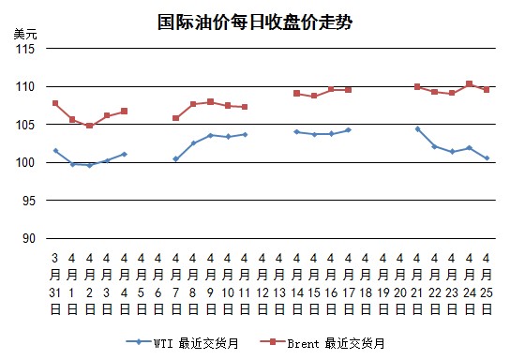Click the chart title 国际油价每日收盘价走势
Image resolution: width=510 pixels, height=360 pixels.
255,22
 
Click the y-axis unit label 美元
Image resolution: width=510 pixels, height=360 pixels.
25,34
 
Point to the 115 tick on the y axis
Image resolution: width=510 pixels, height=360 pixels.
25,49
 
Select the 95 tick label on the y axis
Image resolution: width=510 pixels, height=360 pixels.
29,201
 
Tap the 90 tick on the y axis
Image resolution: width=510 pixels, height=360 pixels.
29,239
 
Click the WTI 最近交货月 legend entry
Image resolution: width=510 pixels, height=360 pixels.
183,343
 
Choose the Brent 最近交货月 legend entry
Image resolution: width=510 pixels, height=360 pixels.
322,343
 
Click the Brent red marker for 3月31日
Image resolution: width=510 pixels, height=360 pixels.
55,103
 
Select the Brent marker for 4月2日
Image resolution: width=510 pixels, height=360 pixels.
89,126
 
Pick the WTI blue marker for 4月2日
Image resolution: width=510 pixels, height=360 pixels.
90,165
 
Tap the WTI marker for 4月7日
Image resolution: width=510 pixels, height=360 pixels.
176,159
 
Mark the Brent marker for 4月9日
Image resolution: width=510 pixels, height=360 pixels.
210,102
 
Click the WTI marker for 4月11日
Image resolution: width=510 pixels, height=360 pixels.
245,134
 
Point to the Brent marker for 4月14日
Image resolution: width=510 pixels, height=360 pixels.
296,94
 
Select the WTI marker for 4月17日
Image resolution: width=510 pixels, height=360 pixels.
349,130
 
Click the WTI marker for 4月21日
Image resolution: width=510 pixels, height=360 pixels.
417,129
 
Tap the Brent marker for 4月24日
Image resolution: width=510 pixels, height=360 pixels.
469,83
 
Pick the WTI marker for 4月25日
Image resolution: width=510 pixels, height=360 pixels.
487,158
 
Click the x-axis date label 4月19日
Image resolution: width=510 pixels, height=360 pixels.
382,284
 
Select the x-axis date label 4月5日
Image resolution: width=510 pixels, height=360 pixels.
141,284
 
